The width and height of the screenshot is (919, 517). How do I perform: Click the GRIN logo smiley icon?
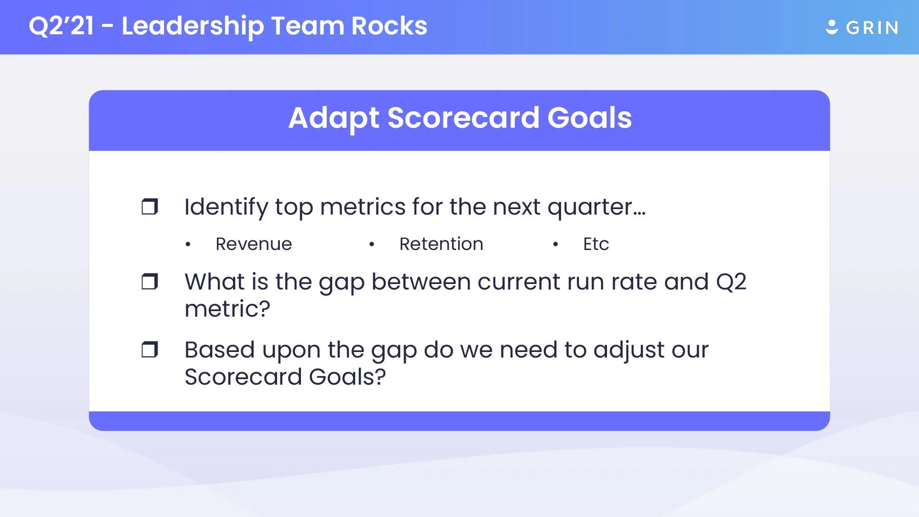click(x=832, y=27)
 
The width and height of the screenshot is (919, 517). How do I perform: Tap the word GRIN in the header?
click(x=872, y=28)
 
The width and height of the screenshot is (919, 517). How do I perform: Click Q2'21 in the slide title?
click(x=61, y=26)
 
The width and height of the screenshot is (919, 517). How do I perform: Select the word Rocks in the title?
click(x=389, y=26)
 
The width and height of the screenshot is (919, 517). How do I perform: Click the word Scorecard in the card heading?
click(x=463, y=118)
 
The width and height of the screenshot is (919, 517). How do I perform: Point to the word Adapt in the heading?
click(x=334, y=119)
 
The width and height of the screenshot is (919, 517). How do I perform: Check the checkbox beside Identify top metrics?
click(x=149, y=207)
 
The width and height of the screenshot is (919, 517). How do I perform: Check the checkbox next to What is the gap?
click(x=149, y=282)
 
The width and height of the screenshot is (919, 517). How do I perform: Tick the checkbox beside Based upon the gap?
click(x=149, y=350)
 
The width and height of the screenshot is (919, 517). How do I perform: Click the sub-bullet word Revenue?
click(x=254, y=244)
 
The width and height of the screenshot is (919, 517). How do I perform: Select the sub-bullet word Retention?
click(x=441, y=244)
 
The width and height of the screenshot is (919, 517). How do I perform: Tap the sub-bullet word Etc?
click(x=596, y=244)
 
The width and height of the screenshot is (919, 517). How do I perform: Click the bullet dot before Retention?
click(x=372, y=244)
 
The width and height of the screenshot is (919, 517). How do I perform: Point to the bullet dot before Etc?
click(x=556, y=244)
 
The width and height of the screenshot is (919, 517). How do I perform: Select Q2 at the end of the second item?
click(x=731, y=282)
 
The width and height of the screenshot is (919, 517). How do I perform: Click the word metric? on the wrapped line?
click(x=227, y=309)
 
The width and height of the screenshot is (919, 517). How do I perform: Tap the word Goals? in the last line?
click(x=347, y=377)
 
